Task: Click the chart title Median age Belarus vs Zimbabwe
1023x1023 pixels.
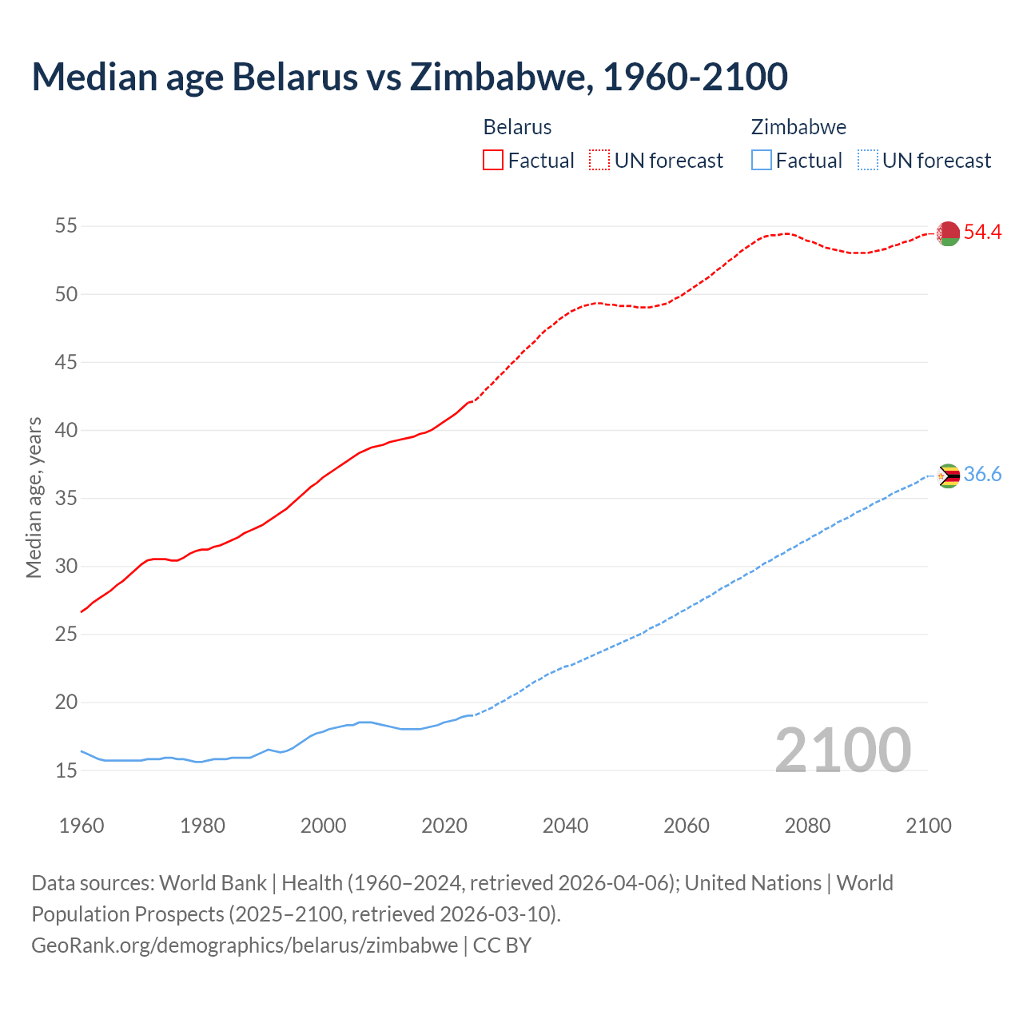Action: pyautogui.click(x=409, y=77)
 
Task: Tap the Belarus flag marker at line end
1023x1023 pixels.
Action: pyautogui.click(x=948, y=233)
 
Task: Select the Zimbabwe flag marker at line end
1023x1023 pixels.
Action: pyautogui.click(x=948, y=476)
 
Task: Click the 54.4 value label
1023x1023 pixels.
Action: pyautogui.click(x=982, y=233)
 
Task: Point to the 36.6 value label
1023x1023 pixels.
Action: pyautogui.click(x=982, y=475)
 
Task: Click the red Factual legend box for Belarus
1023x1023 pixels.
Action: pyautogui.click(x=493, y=161)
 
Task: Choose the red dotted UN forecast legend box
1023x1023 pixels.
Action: pyautogui.click(x=599, y=161)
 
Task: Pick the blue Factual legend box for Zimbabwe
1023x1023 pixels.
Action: pyautogui.click(x=762, y=161)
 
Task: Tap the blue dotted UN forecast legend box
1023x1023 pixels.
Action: pyautogui.click(x=867, y=161)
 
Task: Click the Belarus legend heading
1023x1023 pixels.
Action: pyautogui.click(x=517, y=127)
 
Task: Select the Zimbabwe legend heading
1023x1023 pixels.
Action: pyautogui.click(x=798, y=127)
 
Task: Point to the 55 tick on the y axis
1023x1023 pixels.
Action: pyautogui.click(x=66, y=226)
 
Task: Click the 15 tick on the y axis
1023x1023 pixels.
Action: pyautogui.click(x=66, y=771)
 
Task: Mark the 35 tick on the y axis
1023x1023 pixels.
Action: pyautogui.click(x=66, y=499)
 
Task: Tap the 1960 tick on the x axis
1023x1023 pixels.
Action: pyautogui.click(x=82, y=826)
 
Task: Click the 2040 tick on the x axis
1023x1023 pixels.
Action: pyautogui.click(x=565, y=826)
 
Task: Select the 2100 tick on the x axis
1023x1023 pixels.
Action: pyautogui.click(x=929, y=826)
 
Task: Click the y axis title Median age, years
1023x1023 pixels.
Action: pyautogui.click(x=34, y=497)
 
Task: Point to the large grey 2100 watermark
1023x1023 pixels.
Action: pyautogui.click(x=842, y=750)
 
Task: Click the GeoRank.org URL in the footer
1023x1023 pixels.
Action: pyautogui.click(x=245, y=945)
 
